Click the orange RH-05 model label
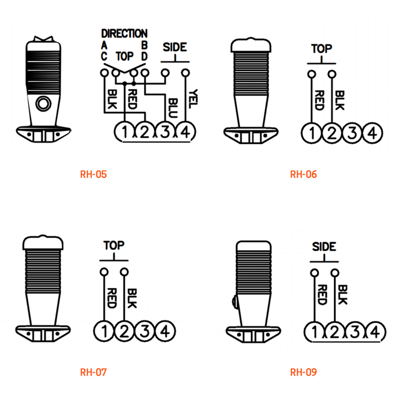[x=93, y=174]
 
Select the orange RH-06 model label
[x=303, y=174]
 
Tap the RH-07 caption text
[x=93, y=372]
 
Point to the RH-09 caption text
[x=303, y=372]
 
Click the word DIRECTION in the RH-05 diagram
[x=125, y=33]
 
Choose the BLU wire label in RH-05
[x=173, y=108]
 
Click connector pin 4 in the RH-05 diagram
[x=185, y=132]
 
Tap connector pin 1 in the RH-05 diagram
[x=125, y=132]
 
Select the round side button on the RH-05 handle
[x=43, y=104]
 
